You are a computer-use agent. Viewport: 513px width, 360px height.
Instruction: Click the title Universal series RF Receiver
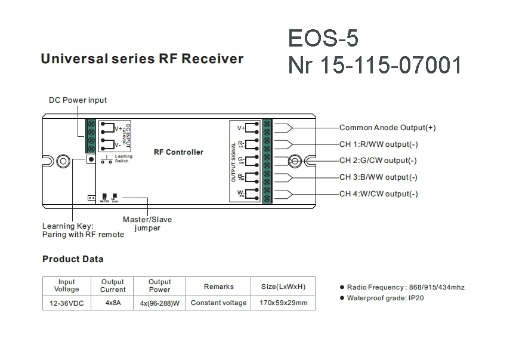click(141, 59)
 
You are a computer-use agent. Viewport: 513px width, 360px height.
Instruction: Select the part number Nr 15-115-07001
click(375, 64)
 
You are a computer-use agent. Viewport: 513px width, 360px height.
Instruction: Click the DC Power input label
click(78, 100)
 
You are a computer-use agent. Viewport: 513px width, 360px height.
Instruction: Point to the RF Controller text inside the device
click(178, 152)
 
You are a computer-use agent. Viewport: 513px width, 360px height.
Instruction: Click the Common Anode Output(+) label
click(387, 128)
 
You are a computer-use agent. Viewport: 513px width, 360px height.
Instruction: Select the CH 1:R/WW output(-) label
click(378, 144)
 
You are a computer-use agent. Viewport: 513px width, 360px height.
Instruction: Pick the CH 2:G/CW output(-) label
click(378, 161)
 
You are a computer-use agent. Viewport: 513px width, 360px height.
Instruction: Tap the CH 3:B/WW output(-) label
click(378, 177)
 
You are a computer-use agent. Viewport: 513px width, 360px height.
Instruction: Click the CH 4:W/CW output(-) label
click(378, 194)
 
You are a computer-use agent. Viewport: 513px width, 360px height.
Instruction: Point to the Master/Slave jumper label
click(147, 223)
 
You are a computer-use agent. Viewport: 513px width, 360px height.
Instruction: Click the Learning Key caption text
click(83, 230)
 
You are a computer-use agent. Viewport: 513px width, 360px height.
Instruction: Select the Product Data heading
click(73, 259)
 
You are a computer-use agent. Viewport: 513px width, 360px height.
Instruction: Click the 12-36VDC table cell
click(67, 303)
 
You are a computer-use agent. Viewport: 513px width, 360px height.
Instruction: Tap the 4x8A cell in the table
click(113, 303)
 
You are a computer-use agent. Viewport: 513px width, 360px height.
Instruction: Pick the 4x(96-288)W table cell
click(159, 303)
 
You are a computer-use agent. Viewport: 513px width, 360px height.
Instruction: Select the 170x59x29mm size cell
click(283, 303)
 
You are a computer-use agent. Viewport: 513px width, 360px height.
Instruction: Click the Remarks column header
click(218, 287)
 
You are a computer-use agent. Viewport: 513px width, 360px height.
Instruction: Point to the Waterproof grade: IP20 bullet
click(385, 298)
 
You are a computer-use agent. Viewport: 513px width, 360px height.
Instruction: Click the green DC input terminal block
click(91, 136)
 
